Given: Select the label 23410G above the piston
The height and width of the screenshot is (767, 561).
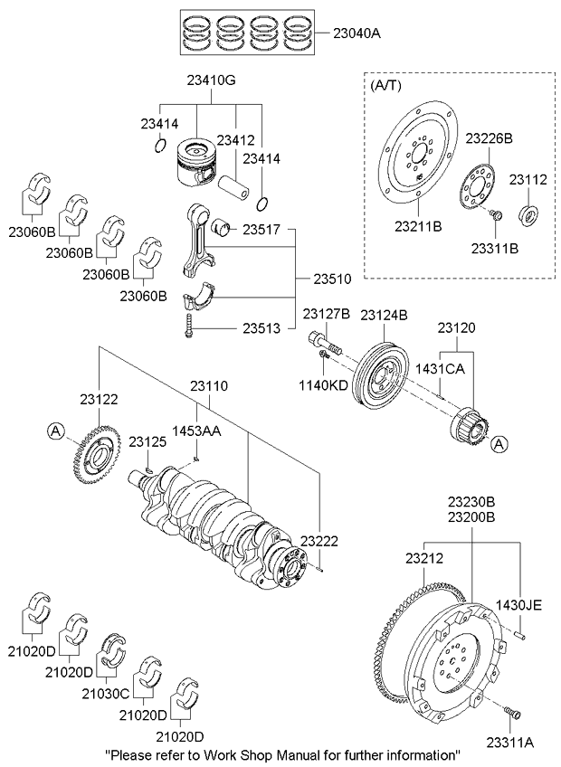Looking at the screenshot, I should tap(212, 81).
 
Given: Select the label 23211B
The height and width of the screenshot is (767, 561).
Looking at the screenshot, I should tap(417, 225).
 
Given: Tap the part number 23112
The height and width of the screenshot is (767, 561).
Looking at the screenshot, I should tap(527, 180).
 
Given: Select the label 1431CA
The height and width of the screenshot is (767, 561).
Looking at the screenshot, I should tap(440, 369).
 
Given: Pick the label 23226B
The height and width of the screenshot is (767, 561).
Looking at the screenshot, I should tap(490, 138).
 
